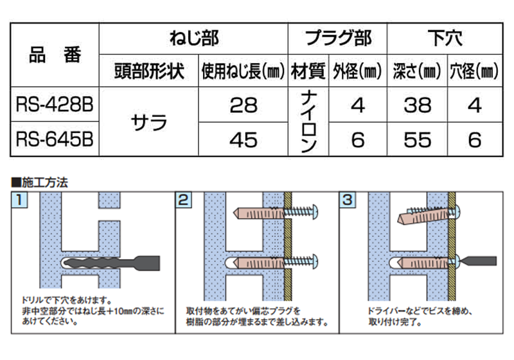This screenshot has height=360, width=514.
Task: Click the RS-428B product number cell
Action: [x=55, y=105]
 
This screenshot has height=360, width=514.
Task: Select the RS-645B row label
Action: [x=55, y=139]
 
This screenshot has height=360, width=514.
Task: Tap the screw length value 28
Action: [x=244, y=105]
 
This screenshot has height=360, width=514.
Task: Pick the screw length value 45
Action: [x=244, y=140]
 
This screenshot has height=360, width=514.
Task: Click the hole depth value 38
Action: [x=417, y=105]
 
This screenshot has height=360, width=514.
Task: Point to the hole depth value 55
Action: [x=417, y=140]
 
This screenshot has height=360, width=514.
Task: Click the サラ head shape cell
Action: [x=149, y=122]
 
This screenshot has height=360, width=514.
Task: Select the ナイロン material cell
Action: [x=308, y=122]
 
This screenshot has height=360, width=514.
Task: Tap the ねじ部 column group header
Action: [x=194, y=39]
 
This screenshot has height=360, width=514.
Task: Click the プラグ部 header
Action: [x=338, y=39]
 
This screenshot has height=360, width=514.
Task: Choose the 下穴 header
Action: [x=445, y=39]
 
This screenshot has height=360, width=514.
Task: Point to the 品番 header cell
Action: [x=55, y=55]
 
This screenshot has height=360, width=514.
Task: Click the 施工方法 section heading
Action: [x=40, y=183]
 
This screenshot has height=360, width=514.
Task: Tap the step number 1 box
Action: [x=19, y=200]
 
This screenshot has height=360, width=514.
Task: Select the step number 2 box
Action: [x=184, y=200]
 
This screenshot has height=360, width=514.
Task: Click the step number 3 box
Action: [x=348, y=200]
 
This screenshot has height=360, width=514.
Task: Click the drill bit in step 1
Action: [x=111, y=263]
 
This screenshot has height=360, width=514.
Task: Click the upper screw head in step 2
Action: [x=314, y=212]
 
